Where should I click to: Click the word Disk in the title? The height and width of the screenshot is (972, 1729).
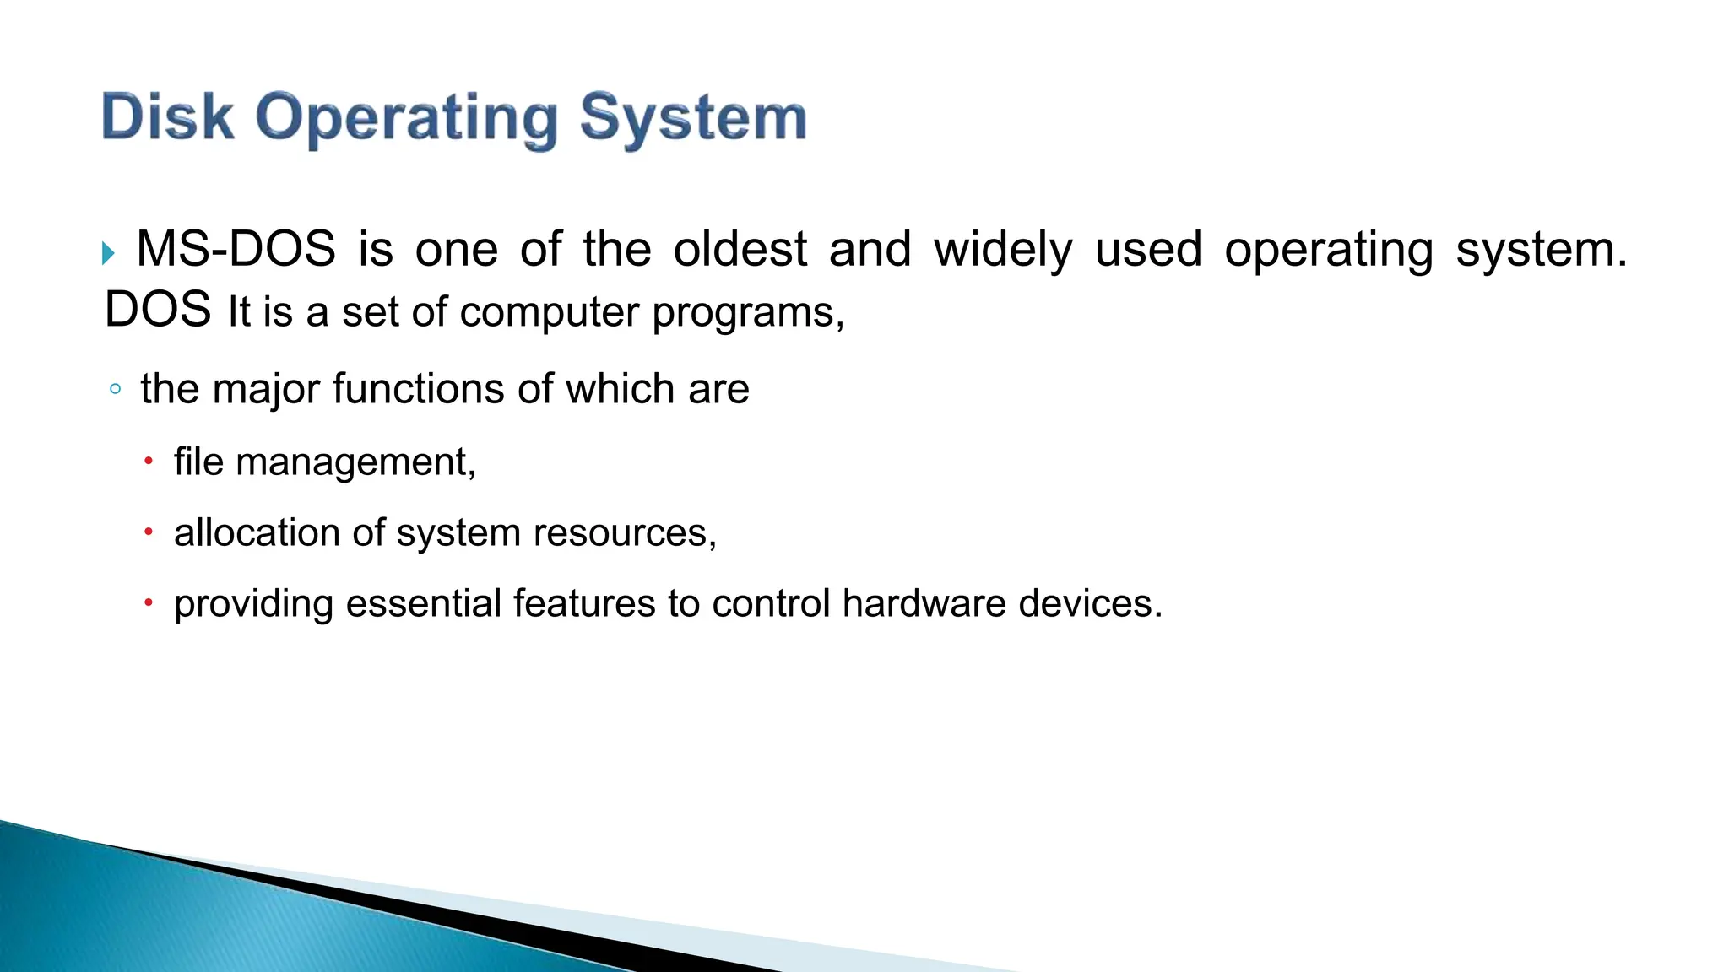[167, 117]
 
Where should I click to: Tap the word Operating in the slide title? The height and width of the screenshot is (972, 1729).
[407, 119]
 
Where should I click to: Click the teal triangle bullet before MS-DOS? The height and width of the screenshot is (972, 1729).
[108, 252]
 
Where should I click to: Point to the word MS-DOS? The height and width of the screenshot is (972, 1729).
[236, 250]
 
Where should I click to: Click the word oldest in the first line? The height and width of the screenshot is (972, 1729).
[740, 250]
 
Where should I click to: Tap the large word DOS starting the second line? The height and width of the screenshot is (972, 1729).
[157, 310]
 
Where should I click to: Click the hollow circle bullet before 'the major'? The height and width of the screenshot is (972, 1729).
[115, 390]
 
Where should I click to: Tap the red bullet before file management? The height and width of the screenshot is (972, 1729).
[149, 462]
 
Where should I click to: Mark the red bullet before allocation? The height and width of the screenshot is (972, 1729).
[149, 532]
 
